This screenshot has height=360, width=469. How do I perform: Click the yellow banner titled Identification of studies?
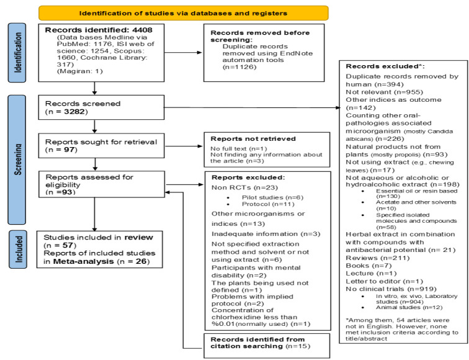[x=183, y=12]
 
